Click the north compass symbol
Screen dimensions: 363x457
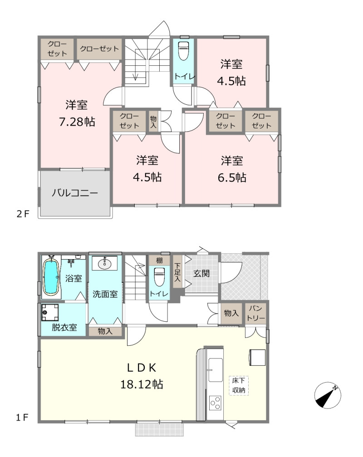pos(328,396)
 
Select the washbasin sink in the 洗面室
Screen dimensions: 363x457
pos(104,264)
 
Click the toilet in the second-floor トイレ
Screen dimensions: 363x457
pos(183,51)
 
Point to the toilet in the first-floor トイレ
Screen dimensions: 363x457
pos(159,277)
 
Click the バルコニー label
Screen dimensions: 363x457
pos(75,193)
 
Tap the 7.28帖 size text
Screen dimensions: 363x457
pos(77,122)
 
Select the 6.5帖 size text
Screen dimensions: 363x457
pos(232,177)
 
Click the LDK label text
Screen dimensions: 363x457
pos(142,368)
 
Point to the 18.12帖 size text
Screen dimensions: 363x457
pos(142,384)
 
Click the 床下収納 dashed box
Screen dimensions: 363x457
pos(239,385)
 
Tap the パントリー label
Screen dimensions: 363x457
pos(256,313)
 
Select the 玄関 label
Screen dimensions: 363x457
pos(201,273)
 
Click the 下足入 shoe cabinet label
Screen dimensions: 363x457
pos(177,272)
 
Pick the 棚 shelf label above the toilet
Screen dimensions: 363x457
pos(159,260)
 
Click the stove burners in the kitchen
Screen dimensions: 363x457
pos(215,403)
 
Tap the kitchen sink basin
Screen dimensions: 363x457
pos(216,370)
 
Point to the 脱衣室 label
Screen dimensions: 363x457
pos(64,327)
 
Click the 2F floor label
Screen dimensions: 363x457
pos(23,214)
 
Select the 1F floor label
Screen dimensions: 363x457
pos(22,418)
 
